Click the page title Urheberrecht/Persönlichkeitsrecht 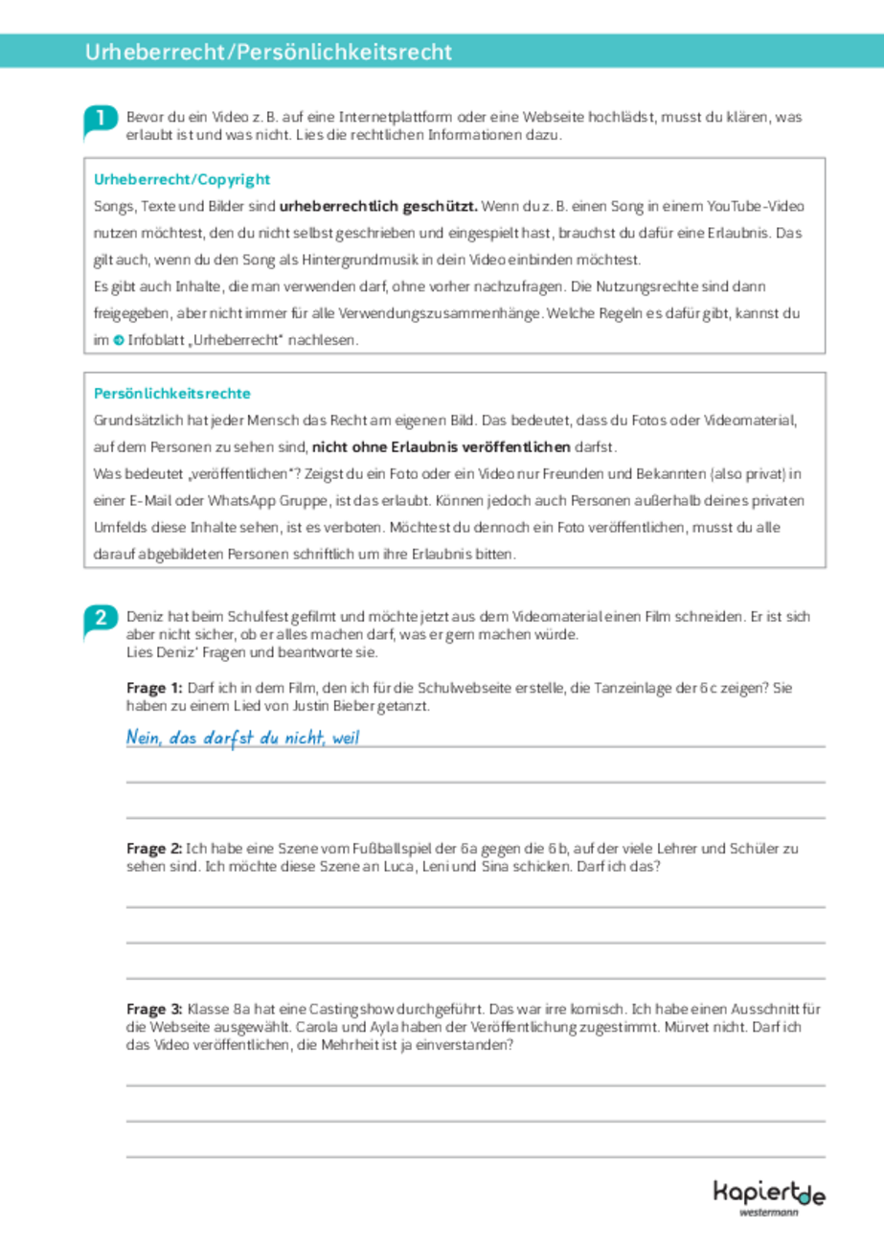(x=267, y=52)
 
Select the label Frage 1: (x=154, y=689)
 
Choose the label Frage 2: (x=154, y=849)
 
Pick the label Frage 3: (x=154, y=1009)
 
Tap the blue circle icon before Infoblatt (x=117, y=341)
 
